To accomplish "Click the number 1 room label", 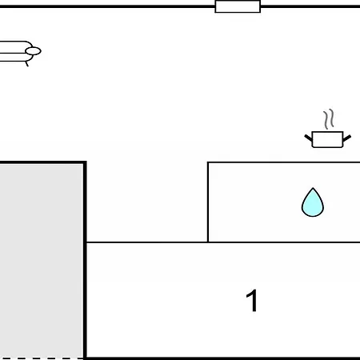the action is point(252,301).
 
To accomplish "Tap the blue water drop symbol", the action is point(313,202).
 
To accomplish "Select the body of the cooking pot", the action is point(327,139).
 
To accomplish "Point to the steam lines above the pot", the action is point(329,119).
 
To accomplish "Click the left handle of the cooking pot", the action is point(308,138).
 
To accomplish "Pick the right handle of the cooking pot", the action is point(347,138).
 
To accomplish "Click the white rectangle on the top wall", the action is point(238,6).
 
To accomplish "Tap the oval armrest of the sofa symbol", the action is point(33,51).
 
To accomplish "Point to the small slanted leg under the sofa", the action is point(26,64).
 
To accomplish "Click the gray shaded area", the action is point(41,261).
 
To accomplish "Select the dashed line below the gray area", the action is point(42,358).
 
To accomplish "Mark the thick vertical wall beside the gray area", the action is point(85,260).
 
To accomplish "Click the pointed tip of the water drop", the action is point(313,188).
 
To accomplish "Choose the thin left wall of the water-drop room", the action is point(208,202).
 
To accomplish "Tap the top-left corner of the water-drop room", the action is point(208,162).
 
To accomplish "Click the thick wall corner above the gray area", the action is point(85,162).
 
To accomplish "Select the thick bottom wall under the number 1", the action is point(223,358).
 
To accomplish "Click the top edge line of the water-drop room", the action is point(284,162).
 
